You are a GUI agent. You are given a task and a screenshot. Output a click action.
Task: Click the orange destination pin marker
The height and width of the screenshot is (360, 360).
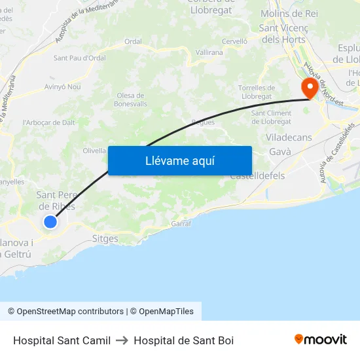tap(308, 88)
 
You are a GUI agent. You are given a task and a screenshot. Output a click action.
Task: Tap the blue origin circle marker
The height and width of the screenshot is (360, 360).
tap(50, 222)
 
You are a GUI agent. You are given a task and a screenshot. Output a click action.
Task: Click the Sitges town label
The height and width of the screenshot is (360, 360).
tap(105, 239)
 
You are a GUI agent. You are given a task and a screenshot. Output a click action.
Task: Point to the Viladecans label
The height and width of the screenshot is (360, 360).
tap(289, 137)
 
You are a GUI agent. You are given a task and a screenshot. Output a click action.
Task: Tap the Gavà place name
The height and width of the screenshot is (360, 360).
tap(280, 152)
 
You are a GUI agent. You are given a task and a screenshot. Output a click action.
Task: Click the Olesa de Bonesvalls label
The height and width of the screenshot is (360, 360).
tap(131, 99)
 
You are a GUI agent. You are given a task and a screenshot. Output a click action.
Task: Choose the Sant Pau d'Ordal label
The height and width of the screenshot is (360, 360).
tap(79, 58)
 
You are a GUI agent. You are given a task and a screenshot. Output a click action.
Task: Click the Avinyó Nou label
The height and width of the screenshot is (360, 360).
tap(62, 86)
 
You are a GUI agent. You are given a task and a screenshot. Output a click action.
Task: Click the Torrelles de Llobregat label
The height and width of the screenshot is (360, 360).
tap(256, 92)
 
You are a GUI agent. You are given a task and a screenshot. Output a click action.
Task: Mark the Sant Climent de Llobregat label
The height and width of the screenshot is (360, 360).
tap(272, 117)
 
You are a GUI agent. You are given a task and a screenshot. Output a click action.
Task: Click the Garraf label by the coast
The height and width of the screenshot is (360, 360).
tap(181, 224)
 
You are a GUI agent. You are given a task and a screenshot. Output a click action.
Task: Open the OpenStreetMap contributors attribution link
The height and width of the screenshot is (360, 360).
tap(65, 312)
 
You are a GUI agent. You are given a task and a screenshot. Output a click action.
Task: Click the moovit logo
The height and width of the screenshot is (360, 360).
tap(321, 339)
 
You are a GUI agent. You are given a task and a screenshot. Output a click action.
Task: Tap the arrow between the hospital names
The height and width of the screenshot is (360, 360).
tap(122, 340)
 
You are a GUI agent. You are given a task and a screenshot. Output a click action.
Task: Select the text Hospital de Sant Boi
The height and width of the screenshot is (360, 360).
tap(183, 340)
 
